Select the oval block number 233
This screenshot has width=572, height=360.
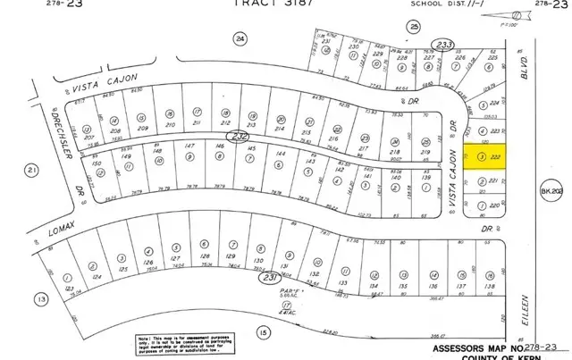click(442, 44)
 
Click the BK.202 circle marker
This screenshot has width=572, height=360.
click(548, 191)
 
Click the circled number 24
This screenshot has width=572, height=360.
click(239, 38)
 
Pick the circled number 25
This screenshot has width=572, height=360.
click(413, 27)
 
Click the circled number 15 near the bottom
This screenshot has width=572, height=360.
click(263, 333)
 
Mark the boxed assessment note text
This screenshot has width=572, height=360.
click(180, 343)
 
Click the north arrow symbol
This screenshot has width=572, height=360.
click(519, 15)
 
